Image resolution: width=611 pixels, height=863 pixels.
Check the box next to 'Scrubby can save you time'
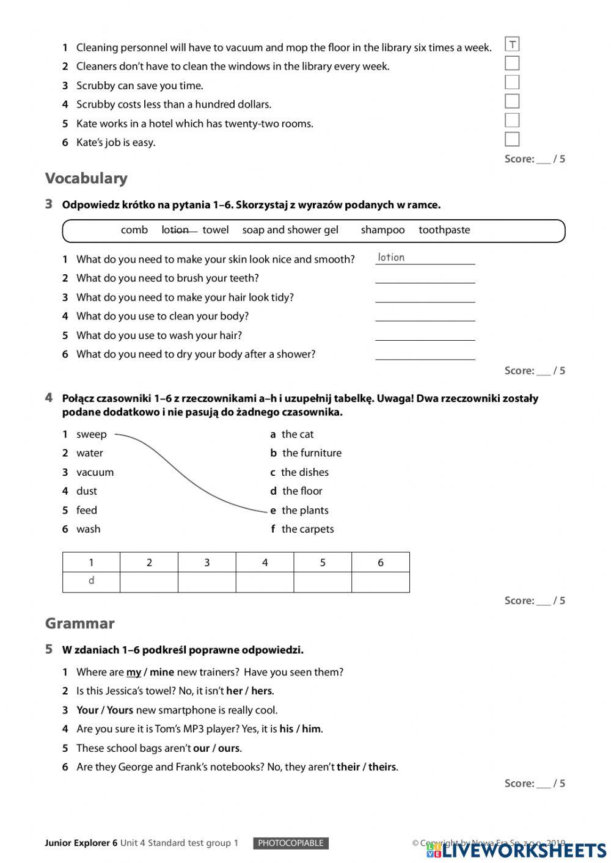click(512, 82)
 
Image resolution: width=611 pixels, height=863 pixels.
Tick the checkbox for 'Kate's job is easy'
click(512, 139)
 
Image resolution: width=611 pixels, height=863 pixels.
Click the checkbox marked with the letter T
click(512, 44)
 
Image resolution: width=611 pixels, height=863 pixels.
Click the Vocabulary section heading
click(86, 178)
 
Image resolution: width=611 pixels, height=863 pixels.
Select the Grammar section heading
click(79, 624)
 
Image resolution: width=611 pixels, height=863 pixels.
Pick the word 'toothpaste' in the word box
click(444, 230)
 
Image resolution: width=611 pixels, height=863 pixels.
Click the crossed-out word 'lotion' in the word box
click(175, 230)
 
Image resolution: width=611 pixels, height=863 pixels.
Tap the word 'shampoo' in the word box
click(382, 230)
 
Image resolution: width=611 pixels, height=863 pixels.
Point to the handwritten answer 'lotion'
click(391, 258)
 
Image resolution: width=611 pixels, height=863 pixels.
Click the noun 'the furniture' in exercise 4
click(312, 453)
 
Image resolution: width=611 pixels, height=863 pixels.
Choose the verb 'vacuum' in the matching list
click(95, 472)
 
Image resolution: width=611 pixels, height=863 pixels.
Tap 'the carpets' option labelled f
click(307, 530)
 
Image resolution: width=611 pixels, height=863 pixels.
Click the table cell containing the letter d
click(91, 581)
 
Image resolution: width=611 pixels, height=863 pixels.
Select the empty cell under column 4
click(265, 581)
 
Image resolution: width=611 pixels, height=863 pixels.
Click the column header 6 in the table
click(380, 563)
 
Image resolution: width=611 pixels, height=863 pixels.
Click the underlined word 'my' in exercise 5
click(134, 672)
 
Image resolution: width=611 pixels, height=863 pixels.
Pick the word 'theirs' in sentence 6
click(382, 767)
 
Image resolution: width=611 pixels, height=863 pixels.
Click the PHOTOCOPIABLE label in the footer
click(291, 843)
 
